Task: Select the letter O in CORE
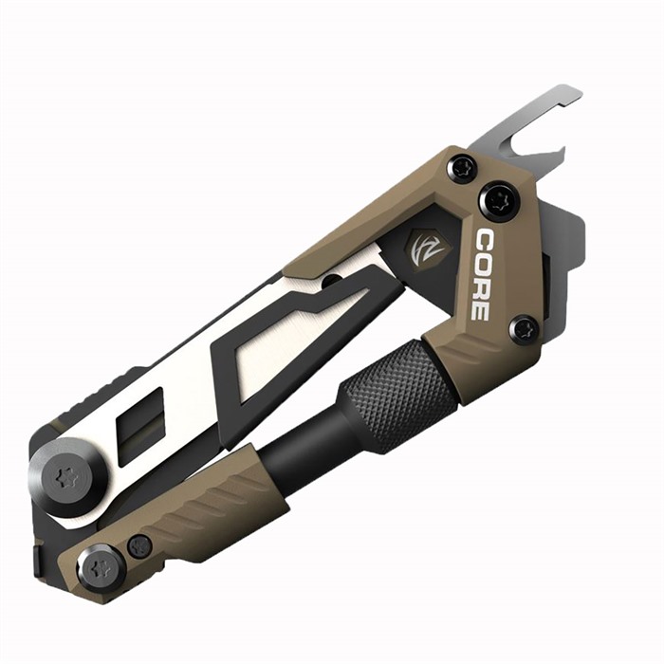483,265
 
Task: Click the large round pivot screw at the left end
67,478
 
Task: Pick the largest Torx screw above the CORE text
500,200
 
